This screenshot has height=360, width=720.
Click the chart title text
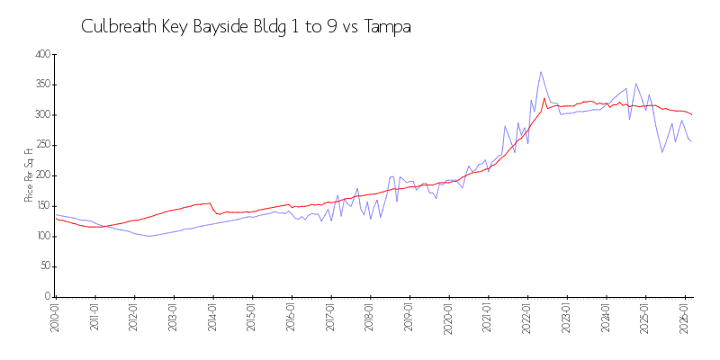point(246,27)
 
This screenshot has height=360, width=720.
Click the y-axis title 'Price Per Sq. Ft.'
point(29,175)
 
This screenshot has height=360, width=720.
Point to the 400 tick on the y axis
point(40,55)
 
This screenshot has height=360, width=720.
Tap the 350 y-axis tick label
point(40,85)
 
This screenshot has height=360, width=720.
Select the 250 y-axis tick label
point(40,146)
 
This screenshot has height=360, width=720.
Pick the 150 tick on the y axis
point(40,206)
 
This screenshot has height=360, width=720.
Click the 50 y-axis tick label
point(43,266)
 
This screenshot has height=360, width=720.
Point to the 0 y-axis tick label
point(46,297)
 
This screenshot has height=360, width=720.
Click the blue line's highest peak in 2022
point(541,72)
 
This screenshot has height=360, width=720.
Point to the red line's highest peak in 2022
point(544,98)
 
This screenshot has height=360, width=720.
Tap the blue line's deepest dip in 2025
point(662,152)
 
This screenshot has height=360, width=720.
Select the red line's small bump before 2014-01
point(210,203)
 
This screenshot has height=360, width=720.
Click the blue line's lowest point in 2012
point(150,236)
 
